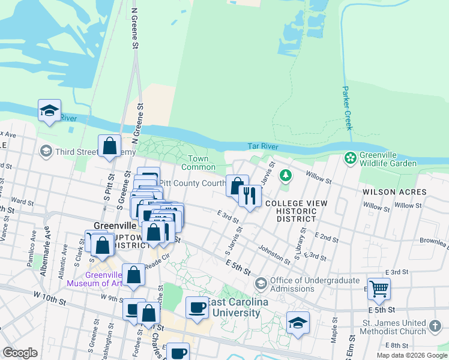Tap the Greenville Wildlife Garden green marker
point(349,158)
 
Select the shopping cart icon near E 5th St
point(379,289)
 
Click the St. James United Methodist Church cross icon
point(435,328)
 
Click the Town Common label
point(194,163)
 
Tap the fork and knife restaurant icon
point(249,194)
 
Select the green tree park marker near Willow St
point(286,175)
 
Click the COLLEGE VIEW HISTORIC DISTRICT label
point(297,211)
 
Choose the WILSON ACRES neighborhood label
point(394,192)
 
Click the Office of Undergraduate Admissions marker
point(261,283)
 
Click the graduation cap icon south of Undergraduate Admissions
point(298,322)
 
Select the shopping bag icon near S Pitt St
point(110,145)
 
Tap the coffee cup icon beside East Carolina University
point(197,307)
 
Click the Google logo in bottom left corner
point(20,352)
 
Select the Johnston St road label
point(274,252)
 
